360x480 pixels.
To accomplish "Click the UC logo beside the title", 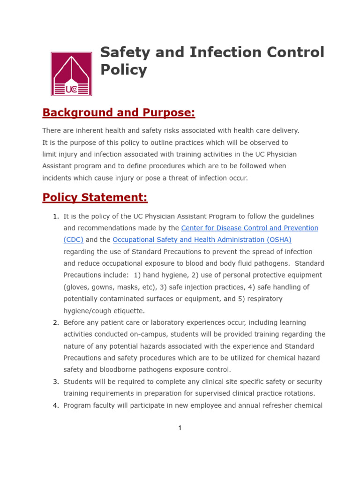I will click(x=71, y=74).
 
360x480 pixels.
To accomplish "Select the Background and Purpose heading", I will click(x=119, y=113).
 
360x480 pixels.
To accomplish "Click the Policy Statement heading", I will click(x=95, y=197).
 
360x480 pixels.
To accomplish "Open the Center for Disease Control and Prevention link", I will click(x=249, y=228).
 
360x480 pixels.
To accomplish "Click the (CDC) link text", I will click(x=74, y=240).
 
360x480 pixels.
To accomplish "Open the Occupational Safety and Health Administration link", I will click(x=202, y=240).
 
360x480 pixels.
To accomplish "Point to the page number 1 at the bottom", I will click(x=180, y=428).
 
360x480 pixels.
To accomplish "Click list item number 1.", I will click(x=55, y=216).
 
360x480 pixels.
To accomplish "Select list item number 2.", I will click(x=55, y=322).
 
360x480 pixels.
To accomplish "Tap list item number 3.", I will click(x=55, y=382).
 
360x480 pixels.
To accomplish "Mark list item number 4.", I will click(x=55, y=405).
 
